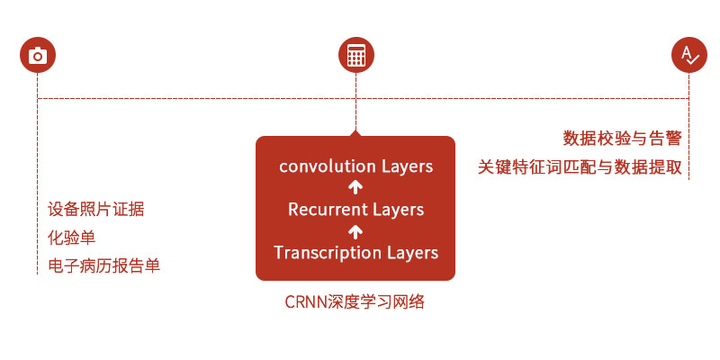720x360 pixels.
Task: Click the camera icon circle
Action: (38, 56)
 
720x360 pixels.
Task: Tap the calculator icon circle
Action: (355, 56)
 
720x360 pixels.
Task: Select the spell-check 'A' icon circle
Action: (689, 56)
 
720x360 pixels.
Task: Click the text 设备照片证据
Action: (96, 210)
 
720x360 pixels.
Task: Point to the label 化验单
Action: (72, 238)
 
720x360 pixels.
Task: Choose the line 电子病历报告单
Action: (104, 265)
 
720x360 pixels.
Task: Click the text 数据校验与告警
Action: (622, 138)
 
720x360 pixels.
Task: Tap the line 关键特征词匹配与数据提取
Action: (580, 167)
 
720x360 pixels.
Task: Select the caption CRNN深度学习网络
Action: (355, 302)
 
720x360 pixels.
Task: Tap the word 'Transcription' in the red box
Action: (328, 253)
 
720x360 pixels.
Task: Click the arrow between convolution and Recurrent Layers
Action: (355, 188)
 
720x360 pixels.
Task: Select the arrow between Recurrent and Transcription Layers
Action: (355, 231)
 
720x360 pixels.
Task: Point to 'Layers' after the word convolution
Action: (407, 166)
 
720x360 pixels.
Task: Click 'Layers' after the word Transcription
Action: (412, 253)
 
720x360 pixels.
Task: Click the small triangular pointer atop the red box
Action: (355, 132)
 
